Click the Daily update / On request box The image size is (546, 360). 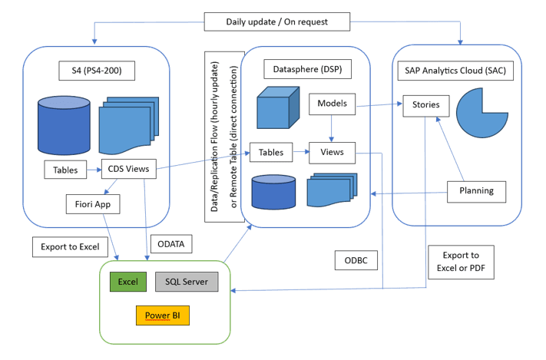[x=276, y=22]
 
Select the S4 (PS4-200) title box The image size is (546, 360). [x=97, y=71]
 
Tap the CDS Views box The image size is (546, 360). [x=129, y=169]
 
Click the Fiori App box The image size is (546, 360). [x=93, y=204]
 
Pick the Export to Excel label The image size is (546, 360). [x=70, y=247]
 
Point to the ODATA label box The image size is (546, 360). [x=171, y=244]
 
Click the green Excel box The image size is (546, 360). [x=128, y=282]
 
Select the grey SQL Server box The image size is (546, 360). [x=187, y=282]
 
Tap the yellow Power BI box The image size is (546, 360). [x=163, y=315]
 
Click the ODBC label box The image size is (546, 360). [x=356, y=260]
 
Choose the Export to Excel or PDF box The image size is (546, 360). [x=461, y=262]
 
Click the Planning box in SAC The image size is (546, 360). [x=476, y=191]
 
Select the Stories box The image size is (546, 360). [x=426, y=106]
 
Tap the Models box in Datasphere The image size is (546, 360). [x=333, y=104]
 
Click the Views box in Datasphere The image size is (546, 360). [x=333, y=153]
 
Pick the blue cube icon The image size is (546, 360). [x=278, y=107]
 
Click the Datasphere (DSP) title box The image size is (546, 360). [x=307, y=69]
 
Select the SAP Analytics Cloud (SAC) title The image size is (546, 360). [x=455, y=71]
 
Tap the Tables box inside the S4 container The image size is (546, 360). [x=65, y=170]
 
